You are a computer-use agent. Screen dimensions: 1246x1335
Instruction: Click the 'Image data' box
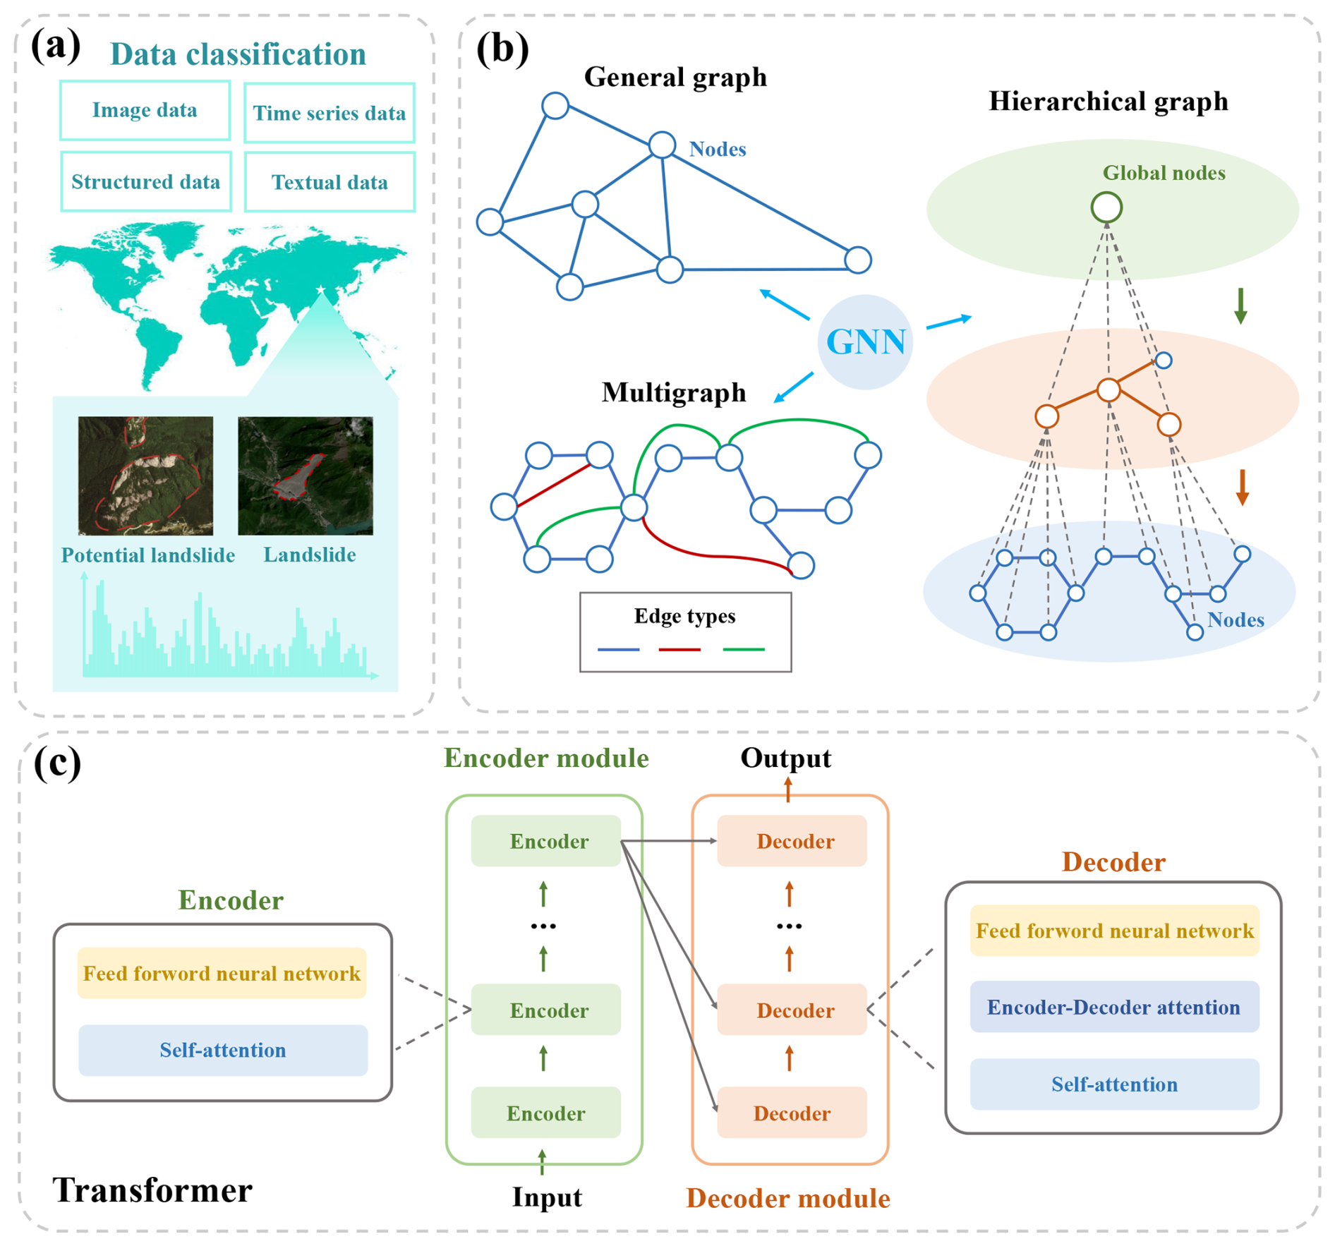[x=145, y=110]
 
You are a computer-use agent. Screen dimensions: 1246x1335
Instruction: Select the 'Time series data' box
[x=329, y=113]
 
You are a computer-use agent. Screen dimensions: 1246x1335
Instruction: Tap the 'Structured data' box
[x=145, y=182]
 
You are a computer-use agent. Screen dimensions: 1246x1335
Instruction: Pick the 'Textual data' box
[x=330, y=183]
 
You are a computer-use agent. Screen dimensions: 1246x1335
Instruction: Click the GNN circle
[x=865, y=342]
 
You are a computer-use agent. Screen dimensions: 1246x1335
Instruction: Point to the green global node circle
[x=1106, y=207]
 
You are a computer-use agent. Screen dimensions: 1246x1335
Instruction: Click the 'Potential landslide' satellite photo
[x=145, y=475]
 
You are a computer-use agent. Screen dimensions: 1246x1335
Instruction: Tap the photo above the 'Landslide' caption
[x=305, y=475]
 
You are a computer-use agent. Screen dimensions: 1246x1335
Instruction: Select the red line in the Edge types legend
[x=679, y=649]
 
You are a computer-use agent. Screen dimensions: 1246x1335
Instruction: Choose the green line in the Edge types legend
[x=744, y=649]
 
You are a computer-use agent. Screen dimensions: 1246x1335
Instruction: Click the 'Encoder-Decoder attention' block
[x=1113, y=1007]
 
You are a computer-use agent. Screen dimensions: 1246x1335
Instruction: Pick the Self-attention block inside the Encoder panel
[x=223, y=1050]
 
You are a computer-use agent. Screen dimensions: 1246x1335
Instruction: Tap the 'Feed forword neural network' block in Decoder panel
[x=1114, y=931]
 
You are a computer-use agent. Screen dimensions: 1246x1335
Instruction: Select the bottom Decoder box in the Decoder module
[x=792, y=1113]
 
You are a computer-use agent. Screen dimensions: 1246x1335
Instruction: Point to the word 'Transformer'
[x=152, y=1190]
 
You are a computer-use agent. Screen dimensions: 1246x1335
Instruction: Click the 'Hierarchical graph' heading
[x=1108, y=102]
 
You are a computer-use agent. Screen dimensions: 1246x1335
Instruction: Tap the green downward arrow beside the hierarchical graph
[x=1240, y=306]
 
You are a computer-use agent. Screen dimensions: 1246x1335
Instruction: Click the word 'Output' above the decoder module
[x=785, y=758]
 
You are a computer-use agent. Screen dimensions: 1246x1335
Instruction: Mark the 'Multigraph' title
[x=674, y=392]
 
